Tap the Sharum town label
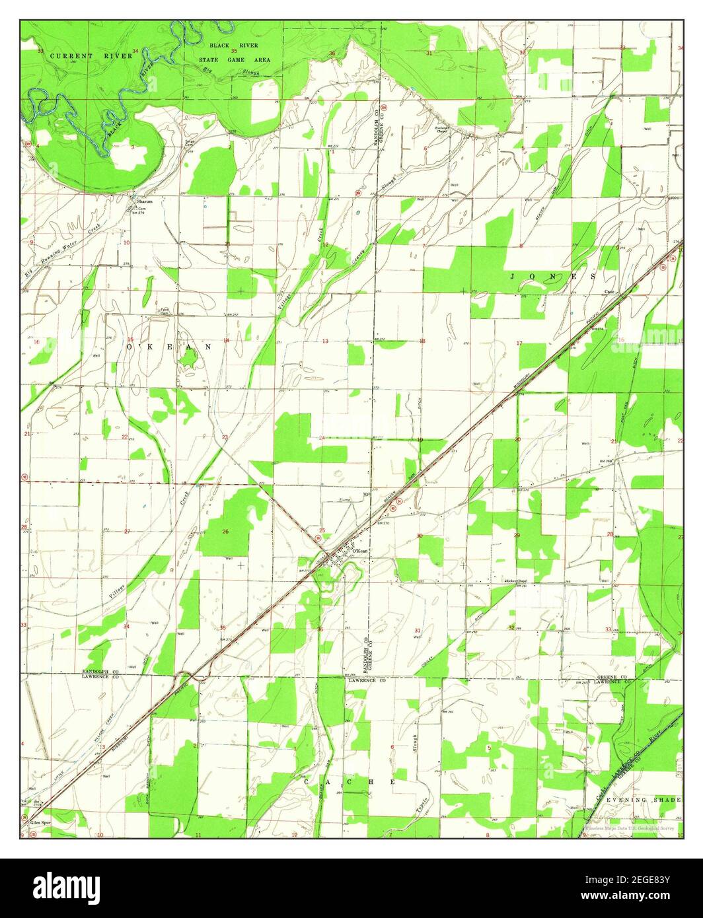tap(144, 201)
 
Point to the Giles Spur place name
tap(40, 824)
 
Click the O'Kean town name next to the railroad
tap(359, 551)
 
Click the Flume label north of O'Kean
tap(344, 500)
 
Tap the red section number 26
tap(225, 532)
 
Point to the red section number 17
tap(519, 343)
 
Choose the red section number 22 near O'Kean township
tap(124, 437)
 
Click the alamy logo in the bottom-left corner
tap(66, 885)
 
